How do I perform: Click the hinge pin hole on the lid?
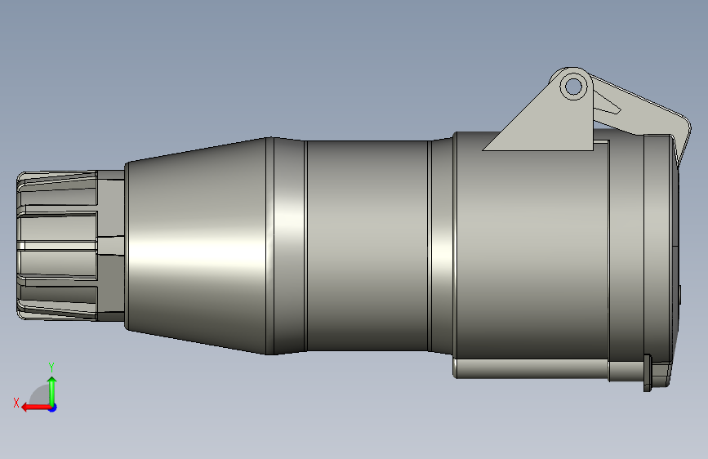pyautogui.click(x=573, y=86)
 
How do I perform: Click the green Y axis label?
pyautogui.click(x=51, y=367)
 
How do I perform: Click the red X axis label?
pyautogui.click(x=16, y=403)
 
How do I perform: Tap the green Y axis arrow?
pyautogui.click(x=52, y=391)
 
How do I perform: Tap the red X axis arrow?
pyautogui.click(x=37, y=408)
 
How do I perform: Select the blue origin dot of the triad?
pyautogui.click(x=53, y=408)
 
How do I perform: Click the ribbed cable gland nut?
pyautogui.click(x=57, y=246)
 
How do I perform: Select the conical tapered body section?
pyautogui.click(x=196, y=246)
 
